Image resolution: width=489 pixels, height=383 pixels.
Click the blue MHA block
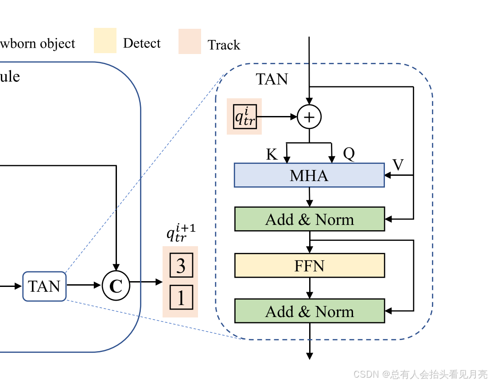[x=309, y=175]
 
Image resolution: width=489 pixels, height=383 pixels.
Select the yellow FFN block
[x=309, y=266]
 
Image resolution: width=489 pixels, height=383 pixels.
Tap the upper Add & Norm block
[x=309, y=219]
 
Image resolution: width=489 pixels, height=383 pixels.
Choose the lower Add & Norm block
[x=309, y=311]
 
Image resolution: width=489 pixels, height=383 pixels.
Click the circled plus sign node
[x=309, y=117]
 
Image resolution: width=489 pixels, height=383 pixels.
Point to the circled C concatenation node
[x=116, y=286]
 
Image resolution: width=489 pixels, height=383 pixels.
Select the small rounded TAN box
[x=44, y=286]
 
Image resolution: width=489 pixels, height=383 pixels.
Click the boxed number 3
[x=181, y=266]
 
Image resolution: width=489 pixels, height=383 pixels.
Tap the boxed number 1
[x=181, y=298]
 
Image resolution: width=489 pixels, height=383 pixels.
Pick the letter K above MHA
[x=272, y=154]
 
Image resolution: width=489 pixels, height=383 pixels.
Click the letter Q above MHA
[x=349, y=154]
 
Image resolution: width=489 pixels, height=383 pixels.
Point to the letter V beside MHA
[x=398, y=165]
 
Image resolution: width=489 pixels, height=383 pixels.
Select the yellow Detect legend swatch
[x=105, y=41]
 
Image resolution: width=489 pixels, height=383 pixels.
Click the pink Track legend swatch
[x=190, y=42]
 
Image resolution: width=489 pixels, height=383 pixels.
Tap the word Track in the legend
[x=224, y=45]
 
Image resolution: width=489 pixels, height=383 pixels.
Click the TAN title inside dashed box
[x=272, y=79]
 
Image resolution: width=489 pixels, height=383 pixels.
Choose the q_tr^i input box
[x=245, y=116]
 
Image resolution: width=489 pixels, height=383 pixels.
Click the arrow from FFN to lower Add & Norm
[x=310, y=288]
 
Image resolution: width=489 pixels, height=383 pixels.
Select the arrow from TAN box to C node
[x=84, y=286]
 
